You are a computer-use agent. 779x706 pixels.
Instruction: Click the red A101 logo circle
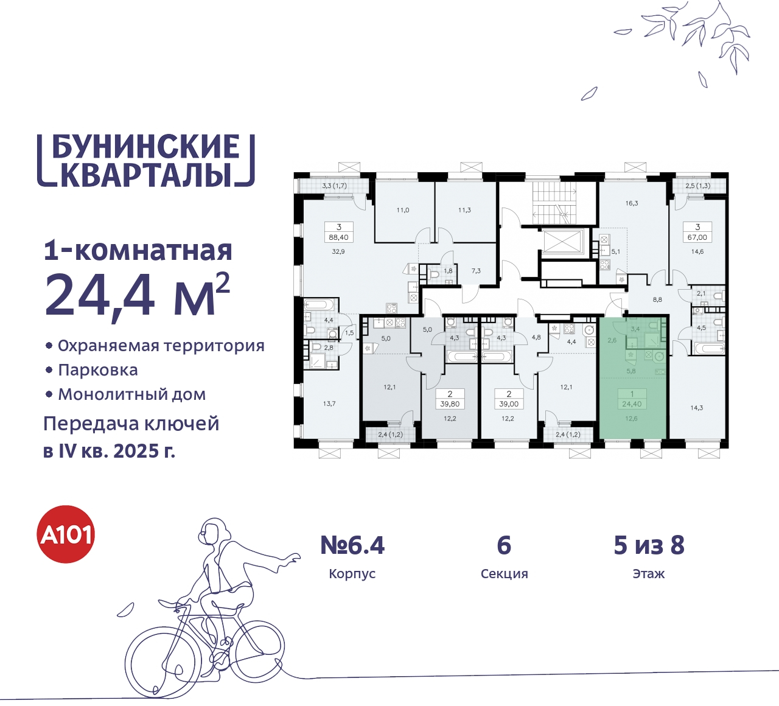(66, 534)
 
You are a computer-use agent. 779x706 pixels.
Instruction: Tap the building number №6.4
(352, 545)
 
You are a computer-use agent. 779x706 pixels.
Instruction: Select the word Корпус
(352, 574)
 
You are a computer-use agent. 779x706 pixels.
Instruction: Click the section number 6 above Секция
(504, 545)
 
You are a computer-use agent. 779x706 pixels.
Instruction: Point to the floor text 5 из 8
(649, 545)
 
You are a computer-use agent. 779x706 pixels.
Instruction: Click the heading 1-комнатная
(138, 250)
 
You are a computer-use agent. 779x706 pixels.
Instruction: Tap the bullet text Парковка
(98, 370)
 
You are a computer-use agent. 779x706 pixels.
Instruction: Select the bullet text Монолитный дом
(131, 394)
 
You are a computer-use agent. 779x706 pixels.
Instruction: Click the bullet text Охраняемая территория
(161, 346)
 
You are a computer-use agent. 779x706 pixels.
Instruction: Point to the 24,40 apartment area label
(632, 404)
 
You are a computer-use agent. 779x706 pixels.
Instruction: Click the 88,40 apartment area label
(338, 237)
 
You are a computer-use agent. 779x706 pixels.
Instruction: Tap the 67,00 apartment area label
(697, 237)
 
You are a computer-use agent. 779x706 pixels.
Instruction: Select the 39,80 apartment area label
(450, 404)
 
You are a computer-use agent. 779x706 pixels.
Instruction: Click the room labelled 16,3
(632, 203)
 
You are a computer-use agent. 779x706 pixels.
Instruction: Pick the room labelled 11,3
(464, 210)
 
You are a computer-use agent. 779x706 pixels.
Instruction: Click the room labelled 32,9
(338, 251)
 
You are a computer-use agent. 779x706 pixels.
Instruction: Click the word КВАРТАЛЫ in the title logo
(147, 174)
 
